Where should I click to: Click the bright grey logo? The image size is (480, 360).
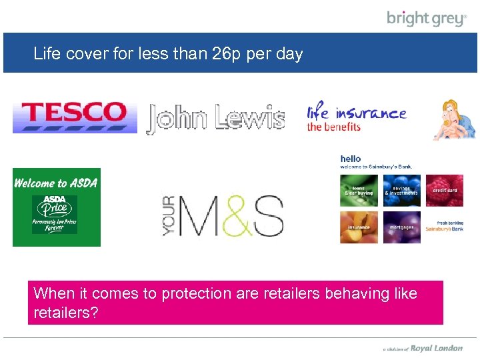[x=427, y=18]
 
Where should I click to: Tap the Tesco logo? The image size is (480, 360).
[x=74, y=116]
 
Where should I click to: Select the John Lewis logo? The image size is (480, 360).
[x=215, y=117]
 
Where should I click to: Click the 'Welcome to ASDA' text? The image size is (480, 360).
[x=56, y=183]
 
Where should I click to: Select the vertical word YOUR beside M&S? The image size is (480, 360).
[x=169, y=215]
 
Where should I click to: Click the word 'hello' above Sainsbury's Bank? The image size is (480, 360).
[x=351, y=159]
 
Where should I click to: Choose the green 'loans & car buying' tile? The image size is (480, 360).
[x=359, y=191]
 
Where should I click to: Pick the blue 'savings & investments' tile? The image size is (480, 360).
[x=401, y=191]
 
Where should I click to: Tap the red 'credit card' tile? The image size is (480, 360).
[x=444, y=191]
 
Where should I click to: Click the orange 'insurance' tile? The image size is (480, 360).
[x=359, y=227]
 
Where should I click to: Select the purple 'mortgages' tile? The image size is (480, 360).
[x=401, y=227]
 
